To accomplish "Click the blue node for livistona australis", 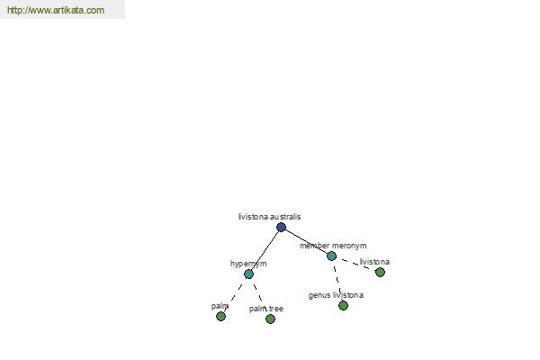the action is click(x=281, y=227).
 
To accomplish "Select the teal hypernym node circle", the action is click(x=248, y=274).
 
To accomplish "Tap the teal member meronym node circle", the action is click(x=331, y=256).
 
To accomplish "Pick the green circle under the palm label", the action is click(x=220, y=316).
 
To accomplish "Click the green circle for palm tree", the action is click(x=270, y=319).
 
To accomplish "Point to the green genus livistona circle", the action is click(x=343, y=305).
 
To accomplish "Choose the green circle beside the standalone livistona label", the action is click(x=380, y=272).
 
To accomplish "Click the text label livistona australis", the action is click(x=269, y=217).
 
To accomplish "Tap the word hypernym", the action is click(x=248, y=264).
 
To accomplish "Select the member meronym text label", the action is click(x=333, y=246).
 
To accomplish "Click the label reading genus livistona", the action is click(x=336, y=295).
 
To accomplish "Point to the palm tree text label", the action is click(x=266, y=309).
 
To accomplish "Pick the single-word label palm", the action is click(x=220, y=306).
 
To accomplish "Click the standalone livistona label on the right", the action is click(x=374, y=262).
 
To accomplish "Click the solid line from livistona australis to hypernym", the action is click(x=265, y=250).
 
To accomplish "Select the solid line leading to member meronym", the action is click(x=306, y=241).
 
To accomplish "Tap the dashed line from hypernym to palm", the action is click(x=233, y=298).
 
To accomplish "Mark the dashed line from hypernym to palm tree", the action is click(x=258, y=292).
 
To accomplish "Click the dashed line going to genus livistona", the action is click(x=337, y=279).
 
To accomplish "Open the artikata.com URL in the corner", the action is click(x=56, y=10).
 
